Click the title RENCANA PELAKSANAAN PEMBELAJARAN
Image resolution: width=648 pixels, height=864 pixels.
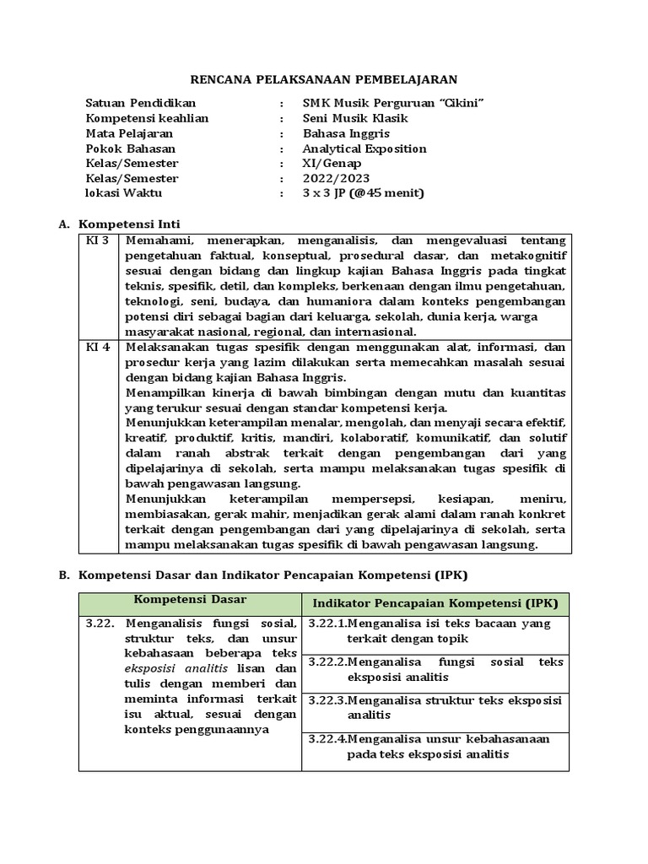click(x=323, y=79)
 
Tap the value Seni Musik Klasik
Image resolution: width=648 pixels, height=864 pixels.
click(x=358, y=118)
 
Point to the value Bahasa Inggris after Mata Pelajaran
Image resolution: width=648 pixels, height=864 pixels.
click(x=346, y=133)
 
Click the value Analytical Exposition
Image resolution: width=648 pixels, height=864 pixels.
click(x=364, y=148)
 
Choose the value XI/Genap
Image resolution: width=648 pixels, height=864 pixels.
click(x=332, y=163)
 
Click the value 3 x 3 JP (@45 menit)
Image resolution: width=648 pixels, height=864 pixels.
click(x=364, y=193)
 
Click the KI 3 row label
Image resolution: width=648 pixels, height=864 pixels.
click(x=98, y=241)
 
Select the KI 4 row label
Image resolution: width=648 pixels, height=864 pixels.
click(x=98, y=346)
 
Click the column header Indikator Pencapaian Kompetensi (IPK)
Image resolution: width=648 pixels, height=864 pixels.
click(x=435, y=604)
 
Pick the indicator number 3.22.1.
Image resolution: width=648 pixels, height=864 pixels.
click(x=327, y=624)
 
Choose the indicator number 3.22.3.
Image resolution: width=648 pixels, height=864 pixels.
click(x=327, y=699)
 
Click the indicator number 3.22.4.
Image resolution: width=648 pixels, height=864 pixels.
click(x=327, y=738)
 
